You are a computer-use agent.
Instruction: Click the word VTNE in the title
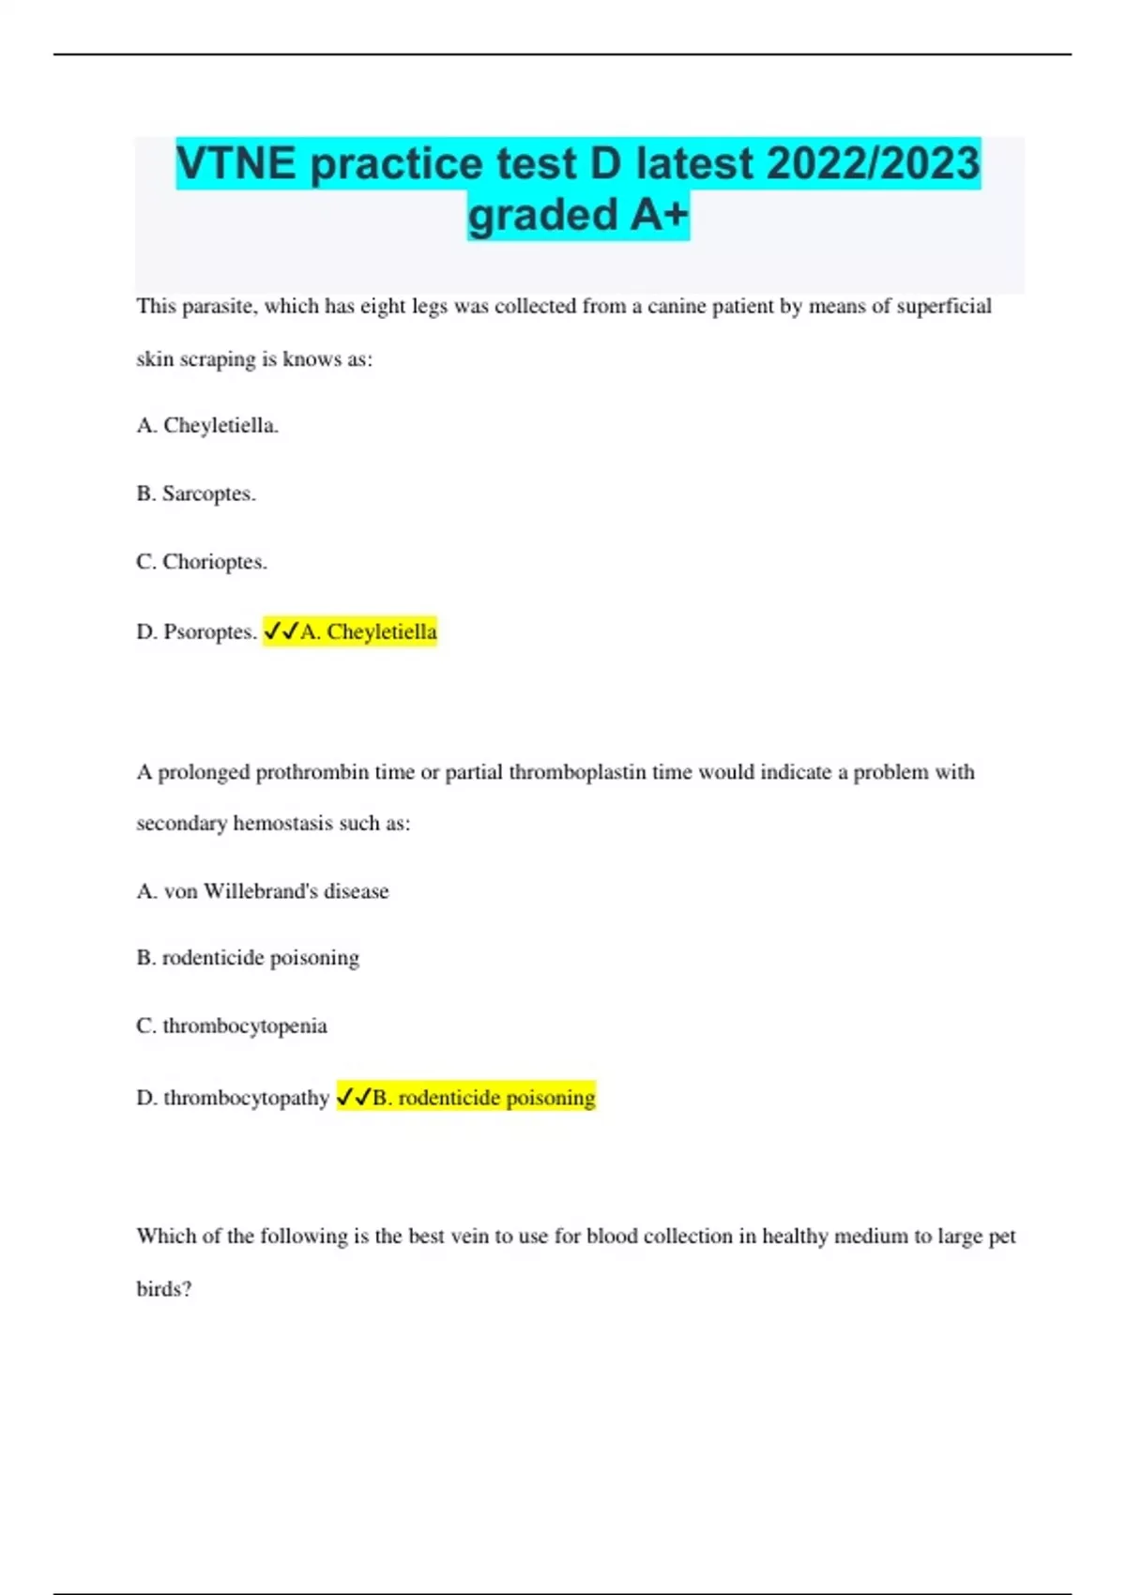[236, 164]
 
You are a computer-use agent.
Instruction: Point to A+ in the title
[659, 215]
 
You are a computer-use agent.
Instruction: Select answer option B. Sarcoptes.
[196, 494]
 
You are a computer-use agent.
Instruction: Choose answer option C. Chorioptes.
[202, 562]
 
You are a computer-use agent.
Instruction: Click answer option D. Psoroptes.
[196, 631]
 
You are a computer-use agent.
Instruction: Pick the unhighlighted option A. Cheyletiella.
[207, 425]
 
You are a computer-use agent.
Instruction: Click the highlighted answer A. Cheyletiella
[368, 631]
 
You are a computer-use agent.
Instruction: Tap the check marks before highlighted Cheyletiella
[281, 631]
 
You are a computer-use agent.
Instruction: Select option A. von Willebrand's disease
[263, 890]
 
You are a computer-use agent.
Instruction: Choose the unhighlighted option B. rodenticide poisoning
[248, 958]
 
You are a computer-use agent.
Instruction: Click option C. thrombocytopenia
[232, 1025]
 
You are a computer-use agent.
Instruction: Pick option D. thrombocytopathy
[233, 1097]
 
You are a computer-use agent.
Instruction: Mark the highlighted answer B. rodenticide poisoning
[483, 1097]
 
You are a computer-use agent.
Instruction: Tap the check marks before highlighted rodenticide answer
[354, 1097]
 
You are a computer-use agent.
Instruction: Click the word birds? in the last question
[164, 1289]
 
